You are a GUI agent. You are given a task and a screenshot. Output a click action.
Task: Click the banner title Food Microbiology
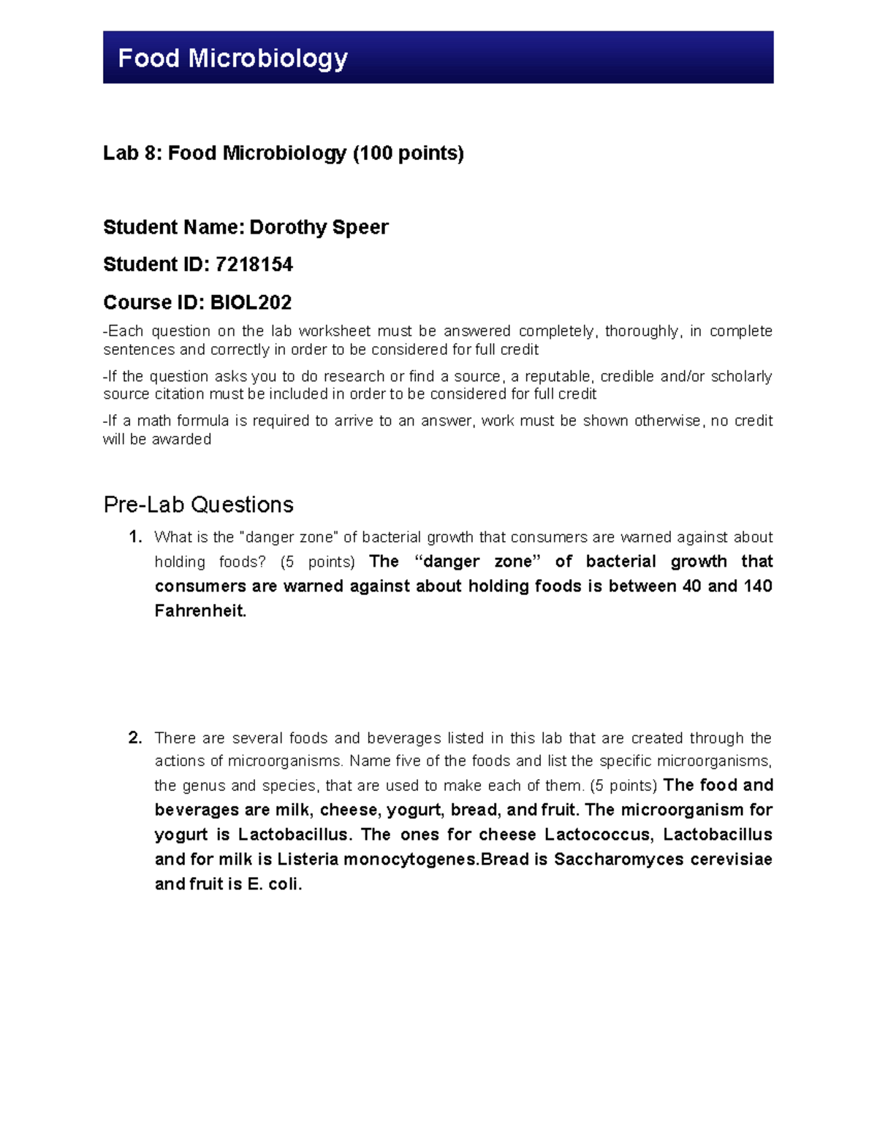(x=232, y=58)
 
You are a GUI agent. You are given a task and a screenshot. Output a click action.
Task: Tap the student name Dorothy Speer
(x=319, y=227)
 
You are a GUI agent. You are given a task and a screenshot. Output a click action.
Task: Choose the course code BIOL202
(x=251, y=302)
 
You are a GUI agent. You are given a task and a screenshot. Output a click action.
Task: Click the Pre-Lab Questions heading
(x=198, y=505)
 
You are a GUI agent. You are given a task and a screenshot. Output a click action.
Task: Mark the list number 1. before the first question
(x=134, y=537)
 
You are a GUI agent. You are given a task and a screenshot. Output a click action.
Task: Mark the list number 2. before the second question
(x=134, y=738)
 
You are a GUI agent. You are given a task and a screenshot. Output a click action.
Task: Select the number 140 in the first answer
(x=757, y=586)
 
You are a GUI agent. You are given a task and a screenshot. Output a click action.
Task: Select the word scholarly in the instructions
(x=741, y=377)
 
